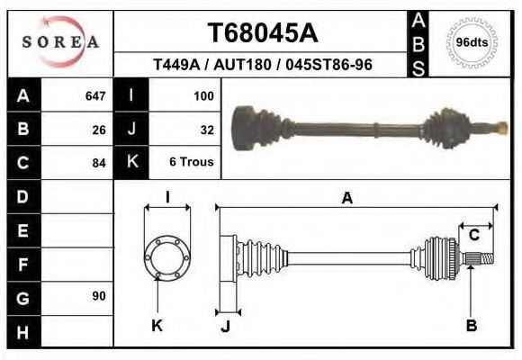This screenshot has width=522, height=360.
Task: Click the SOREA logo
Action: (x=60, y=42)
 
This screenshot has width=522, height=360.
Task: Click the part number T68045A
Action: (x=263, y=33)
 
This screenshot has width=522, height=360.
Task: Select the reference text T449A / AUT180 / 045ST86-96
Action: (x=263, y=66)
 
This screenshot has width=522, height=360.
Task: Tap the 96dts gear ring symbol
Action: (x=472, y=42)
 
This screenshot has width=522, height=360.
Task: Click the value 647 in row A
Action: (x=94, y=95)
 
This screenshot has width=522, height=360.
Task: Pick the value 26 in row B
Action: (x=99, y=129)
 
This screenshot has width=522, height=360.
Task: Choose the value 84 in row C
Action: (x=99, y=164)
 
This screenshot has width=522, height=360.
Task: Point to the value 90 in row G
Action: (x=99, y=296)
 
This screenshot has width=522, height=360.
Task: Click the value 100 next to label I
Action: (x=203, y=95)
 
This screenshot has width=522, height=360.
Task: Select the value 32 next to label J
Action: (x=207, y=129)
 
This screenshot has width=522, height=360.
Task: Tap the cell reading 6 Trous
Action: (x=193, y=163)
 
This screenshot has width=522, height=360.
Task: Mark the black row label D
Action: (x=22, y=196)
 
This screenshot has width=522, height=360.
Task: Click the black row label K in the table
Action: (x=131, y=163)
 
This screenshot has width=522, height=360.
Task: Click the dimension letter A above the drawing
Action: (x=347, y=199)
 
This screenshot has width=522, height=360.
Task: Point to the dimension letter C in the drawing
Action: (x=473, y=236)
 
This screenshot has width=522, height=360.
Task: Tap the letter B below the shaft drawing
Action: (x=471, y=326)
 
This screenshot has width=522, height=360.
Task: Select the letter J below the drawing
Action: (x=225, y=326)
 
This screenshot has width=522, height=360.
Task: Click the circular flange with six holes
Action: (x=167, y=257)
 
